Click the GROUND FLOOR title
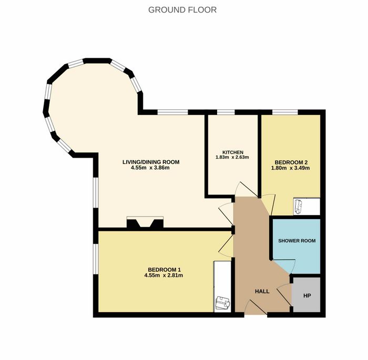click(x=182, y=10)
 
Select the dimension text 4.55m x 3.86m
click(x=150, y=168)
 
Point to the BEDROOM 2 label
click(x=291, y=162)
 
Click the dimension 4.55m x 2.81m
click(x=163, y=275)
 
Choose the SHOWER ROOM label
click(x=297, y=241)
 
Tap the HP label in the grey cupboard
click(x=307, y=296)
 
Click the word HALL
click(x=262, y=292)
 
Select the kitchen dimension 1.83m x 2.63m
click(x=232, y=157)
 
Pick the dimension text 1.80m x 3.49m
click(x=290, y=168)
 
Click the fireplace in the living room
click(x=145, y=222)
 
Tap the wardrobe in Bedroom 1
click(x=222, y=286)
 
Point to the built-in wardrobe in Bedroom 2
click(x=306, y=207)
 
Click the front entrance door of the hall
click(x=255, y=307)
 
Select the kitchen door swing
click(x=247, y=189)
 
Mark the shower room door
click(x=283, y=267)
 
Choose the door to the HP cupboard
click(x=284, y=295)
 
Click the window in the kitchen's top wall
click(x=226, y=112)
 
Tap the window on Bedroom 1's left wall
click(x=96, y=259)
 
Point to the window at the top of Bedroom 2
click(x=285, y=112)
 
